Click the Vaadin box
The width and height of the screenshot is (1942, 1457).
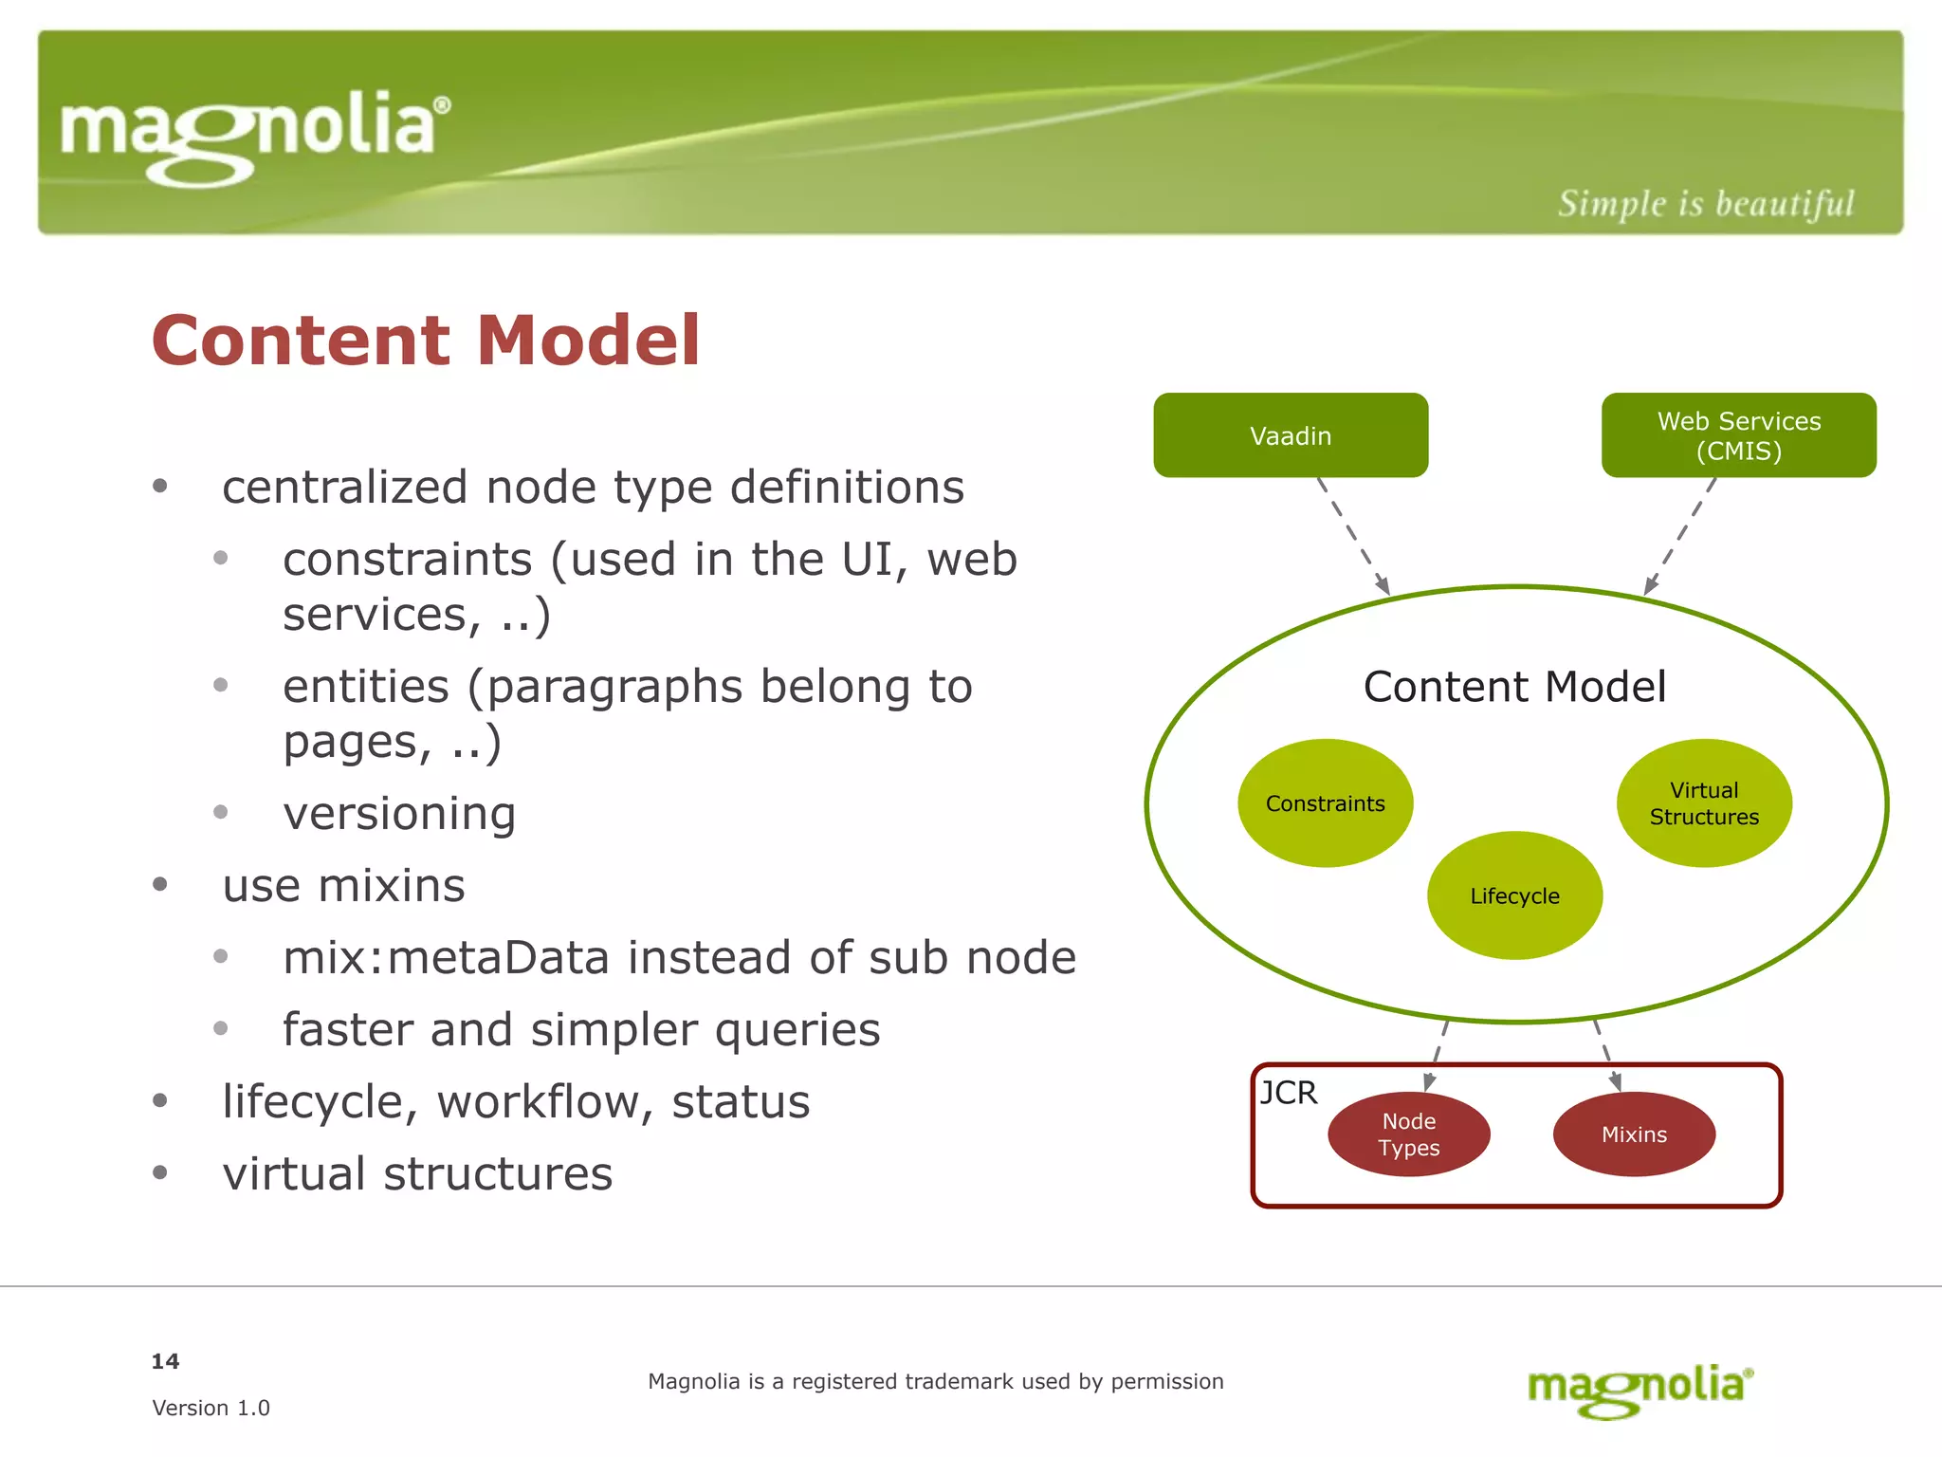1291,435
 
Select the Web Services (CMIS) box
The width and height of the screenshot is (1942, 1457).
1738,435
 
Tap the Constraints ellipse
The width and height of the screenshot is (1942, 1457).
1325,803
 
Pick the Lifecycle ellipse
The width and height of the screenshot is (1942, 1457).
1514,895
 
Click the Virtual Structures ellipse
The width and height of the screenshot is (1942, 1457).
1704,803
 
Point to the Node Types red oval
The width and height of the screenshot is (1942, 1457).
1409,1134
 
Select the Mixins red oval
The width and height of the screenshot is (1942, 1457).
1634,1134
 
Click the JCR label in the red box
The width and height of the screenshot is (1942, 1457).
1289,1093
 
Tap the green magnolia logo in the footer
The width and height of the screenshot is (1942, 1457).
1640,1389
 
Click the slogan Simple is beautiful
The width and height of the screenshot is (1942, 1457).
1705,204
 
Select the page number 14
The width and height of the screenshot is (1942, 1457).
165,1361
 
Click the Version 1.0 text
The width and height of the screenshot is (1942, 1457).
211,1408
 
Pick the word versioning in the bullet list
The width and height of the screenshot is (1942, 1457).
399,813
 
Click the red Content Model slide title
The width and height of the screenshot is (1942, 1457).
426,340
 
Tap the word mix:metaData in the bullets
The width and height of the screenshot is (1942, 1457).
446,957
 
